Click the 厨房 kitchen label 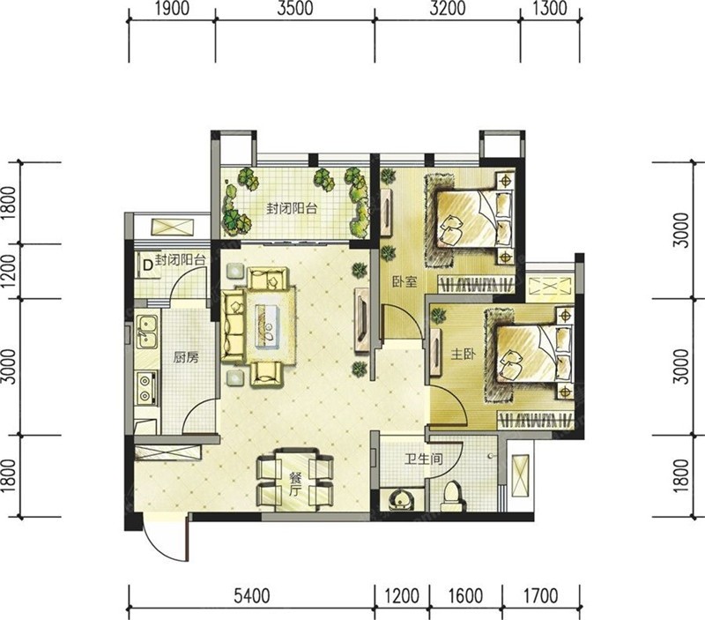tap(186, 358)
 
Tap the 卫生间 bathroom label tap(424, 459)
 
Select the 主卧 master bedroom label tap(464, 355)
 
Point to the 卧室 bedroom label tap(404, 282)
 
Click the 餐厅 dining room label tap(294, 484)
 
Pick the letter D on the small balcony tap(147, 265)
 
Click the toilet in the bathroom tap(451, 497)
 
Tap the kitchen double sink tap(146, 332)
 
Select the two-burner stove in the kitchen tap(145, 388)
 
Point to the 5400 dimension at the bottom tap(252, 596)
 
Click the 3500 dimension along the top tap(295, 9)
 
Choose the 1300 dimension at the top tap(550, 9)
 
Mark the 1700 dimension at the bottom tap(541, 596)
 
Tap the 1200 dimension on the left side tap(9, 273)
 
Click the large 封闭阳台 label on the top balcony tap(292, 209)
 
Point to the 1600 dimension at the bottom tap(465, 596)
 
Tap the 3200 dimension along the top tap(448, 9)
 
